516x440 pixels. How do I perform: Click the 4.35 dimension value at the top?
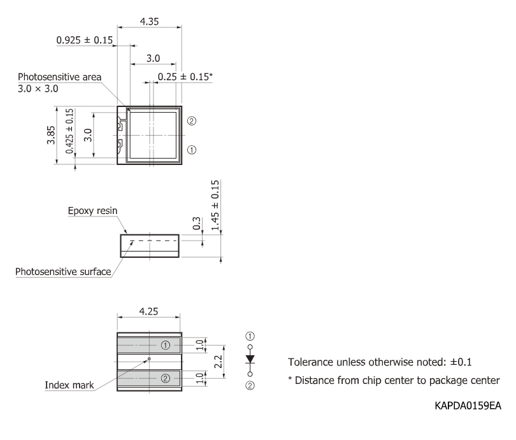[150, 21]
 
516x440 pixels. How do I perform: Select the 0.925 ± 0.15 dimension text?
[85, 40]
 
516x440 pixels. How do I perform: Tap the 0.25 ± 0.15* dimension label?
[185, 76]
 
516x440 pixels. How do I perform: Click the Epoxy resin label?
[93, 210]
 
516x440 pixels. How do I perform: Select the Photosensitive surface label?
[63, 273]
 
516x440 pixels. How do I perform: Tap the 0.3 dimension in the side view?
[196, 224]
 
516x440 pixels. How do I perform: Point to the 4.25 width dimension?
[150, 313]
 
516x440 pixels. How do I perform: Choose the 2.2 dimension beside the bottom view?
[217, 361]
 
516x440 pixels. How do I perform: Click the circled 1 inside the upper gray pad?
[166, 345]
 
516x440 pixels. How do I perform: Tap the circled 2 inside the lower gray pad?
[166, 378]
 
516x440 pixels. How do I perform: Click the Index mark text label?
[69, 385]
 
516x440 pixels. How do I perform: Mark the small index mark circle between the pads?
[148, 358]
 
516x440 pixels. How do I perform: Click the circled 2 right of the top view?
[191, 121]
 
